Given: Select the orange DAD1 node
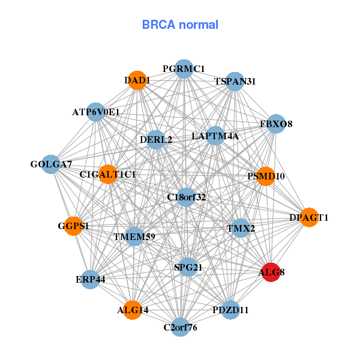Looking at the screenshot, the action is (x=137, y=80).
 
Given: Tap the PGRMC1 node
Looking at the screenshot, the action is (x=184, y=69).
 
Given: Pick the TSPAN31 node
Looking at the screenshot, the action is (x=235, y=82).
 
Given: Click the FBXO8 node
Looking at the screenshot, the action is (x=276, y=124).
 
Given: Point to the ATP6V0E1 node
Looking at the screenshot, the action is (x=96, y=112).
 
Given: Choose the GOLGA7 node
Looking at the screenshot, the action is (x=51, y=164).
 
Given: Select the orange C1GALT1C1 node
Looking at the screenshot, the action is (x=108, y=175).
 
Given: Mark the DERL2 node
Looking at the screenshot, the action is (x=156, y=140).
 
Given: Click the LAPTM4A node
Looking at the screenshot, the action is (x=215, y=136).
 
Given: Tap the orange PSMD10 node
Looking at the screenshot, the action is (x=266, y=176).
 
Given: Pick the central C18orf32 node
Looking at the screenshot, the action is (x=187, y=197).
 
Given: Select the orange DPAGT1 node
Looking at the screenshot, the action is (x=308, y=217).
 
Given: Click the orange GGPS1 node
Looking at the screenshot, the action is (x=73, y=226).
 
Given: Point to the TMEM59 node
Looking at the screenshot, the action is (x=134, y=236).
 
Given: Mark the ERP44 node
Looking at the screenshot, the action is (x=91, y=280).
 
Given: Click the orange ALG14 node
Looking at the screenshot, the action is (x=133, y=310).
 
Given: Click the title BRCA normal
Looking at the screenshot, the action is (x=180, y=25).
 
